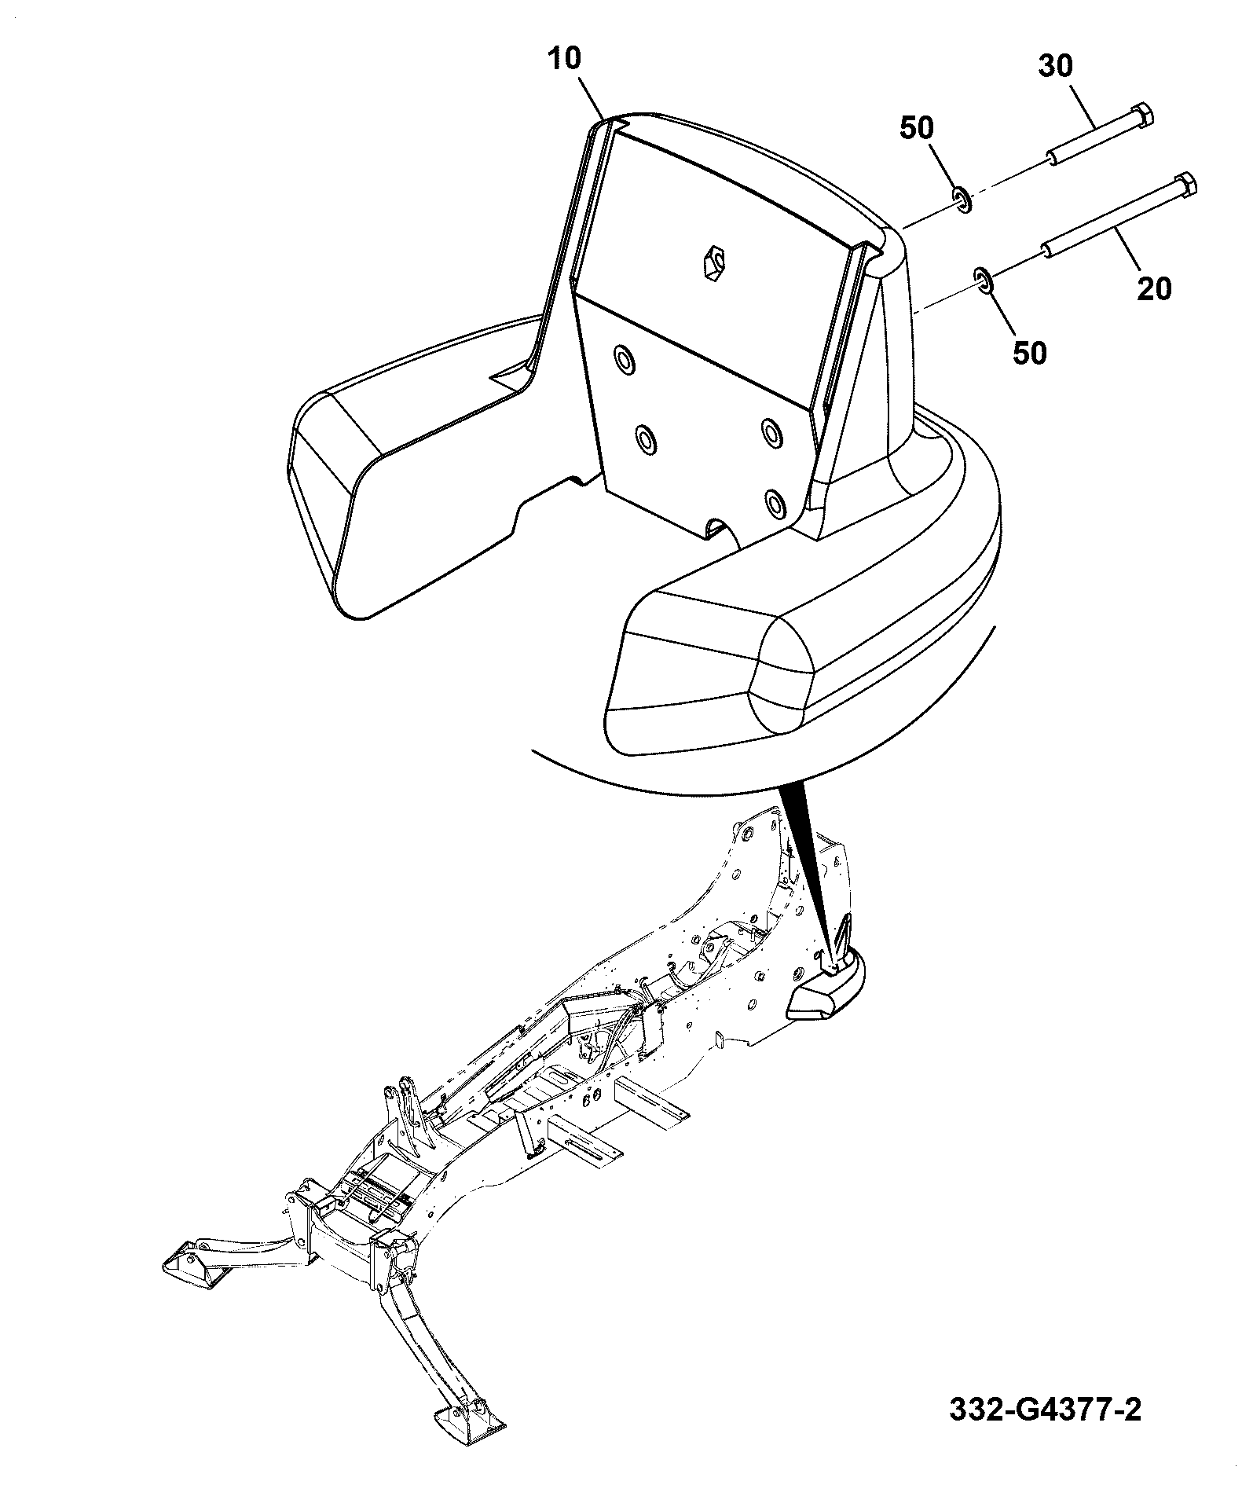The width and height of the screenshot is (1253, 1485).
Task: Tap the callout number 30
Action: [1056, 67]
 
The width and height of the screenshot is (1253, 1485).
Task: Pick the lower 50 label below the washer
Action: [1029, 353]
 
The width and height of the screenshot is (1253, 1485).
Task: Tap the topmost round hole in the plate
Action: [625, 360]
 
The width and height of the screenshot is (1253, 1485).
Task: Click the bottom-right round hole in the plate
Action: [775, 501]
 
